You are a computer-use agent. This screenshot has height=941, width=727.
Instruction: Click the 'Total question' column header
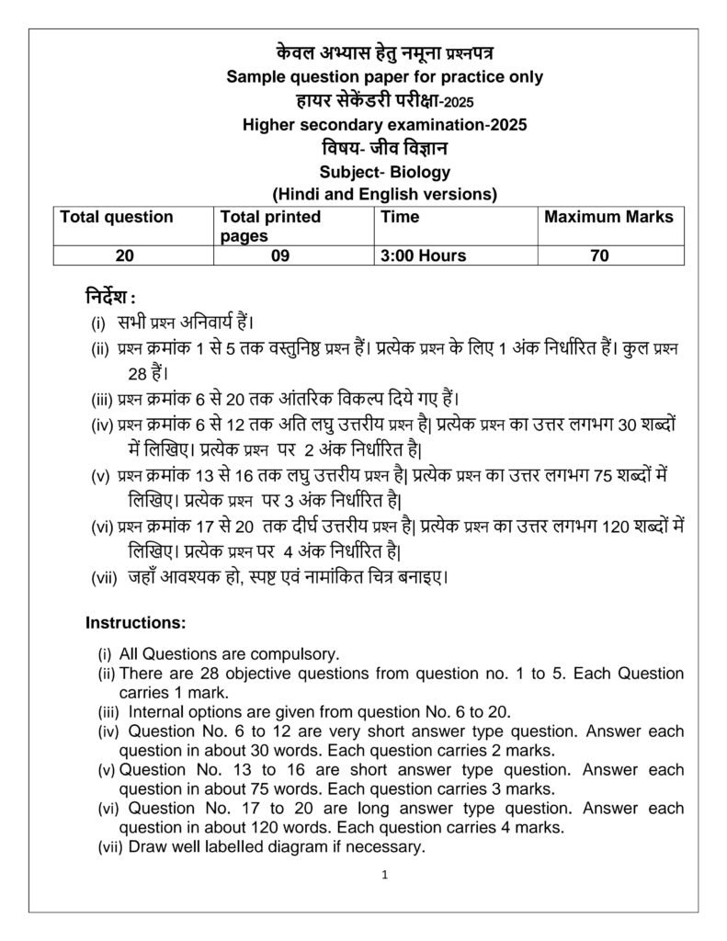(116, 218)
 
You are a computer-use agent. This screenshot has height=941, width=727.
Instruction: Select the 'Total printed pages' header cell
(270, 226)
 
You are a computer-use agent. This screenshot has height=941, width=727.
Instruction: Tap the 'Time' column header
(400, 218)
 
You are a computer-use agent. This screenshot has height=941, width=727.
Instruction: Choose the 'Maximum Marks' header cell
(608, 218)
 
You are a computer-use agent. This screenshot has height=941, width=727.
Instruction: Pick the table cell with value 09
(280, 256)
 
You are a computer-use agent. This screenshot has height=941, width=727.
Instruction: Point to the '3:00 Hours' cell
(423, 256)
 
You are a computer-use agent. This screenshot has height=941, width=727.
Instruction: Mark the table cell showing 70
(599, 256)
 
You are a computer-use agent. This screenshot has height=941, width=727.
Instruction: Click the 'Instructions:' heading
(135, 623)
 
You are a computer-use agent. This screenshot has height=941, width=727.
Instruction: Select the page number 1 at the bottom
(385, 876)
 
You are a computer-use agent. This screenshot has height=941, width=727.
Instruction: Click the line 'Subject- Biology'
(385, 172)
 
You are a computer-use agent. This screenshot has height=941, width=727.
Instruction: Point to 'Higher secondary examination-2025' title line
(384, 125)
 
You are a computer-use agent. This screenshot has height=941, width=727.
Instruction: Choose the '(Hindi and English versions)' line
(384, 194)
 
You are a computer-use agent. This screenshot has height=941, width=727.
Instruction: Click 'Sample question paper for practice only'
(384, 77)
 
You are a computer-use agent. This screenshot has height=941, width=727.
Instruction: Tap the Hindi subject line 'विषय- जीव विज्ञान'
(384, 148)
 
